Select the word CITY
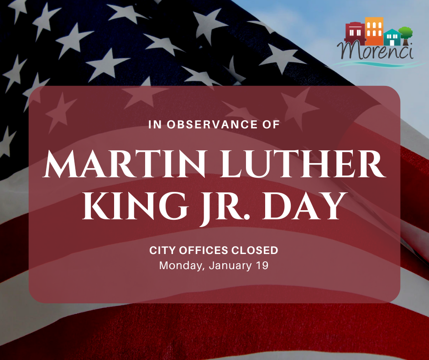(163, 250)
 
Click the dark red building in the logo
(355, 32)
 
